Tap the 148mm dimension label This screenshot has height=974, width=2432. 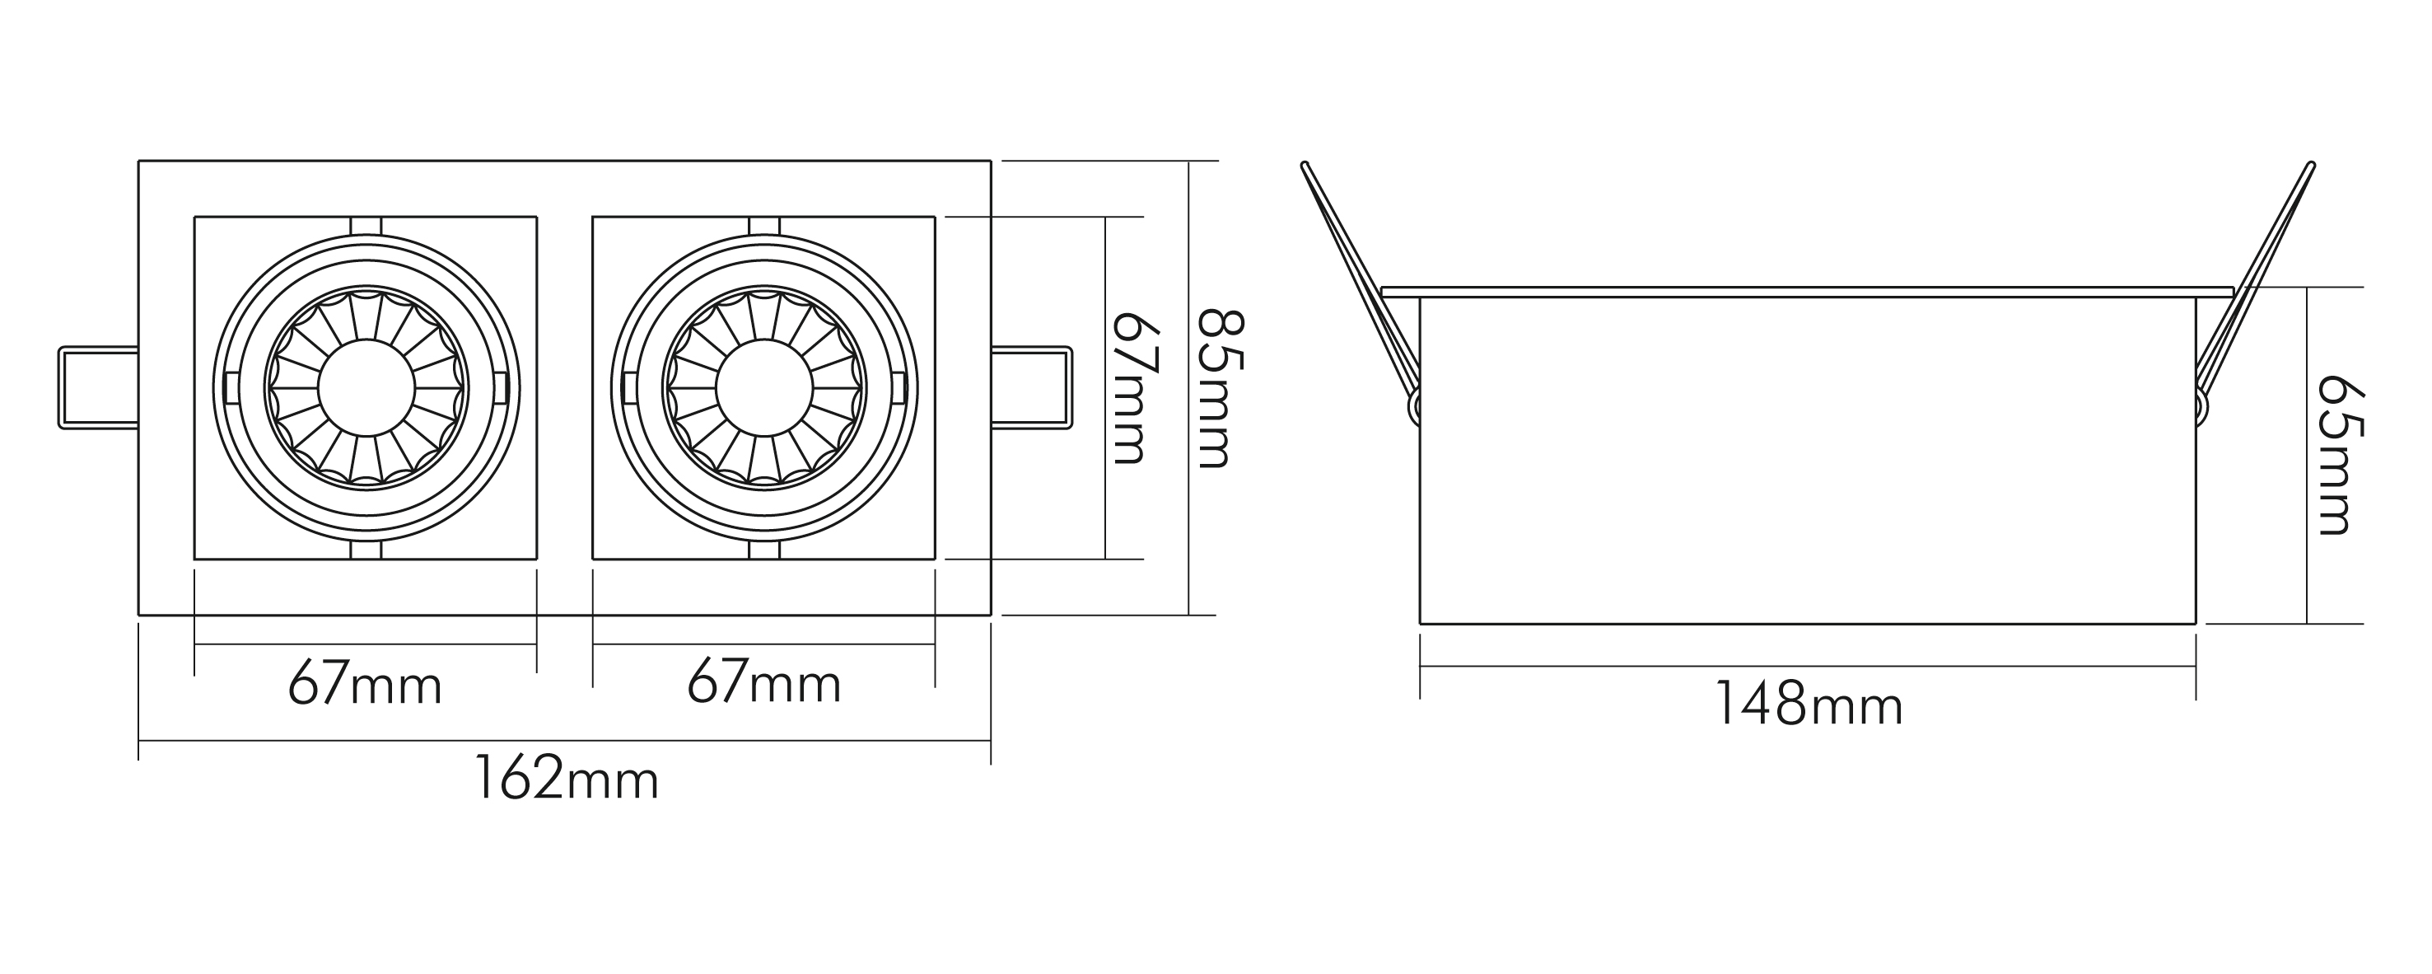[x=1808, y=705]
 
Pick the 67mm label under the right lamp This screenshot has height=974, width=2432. [x=763, y=684]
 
